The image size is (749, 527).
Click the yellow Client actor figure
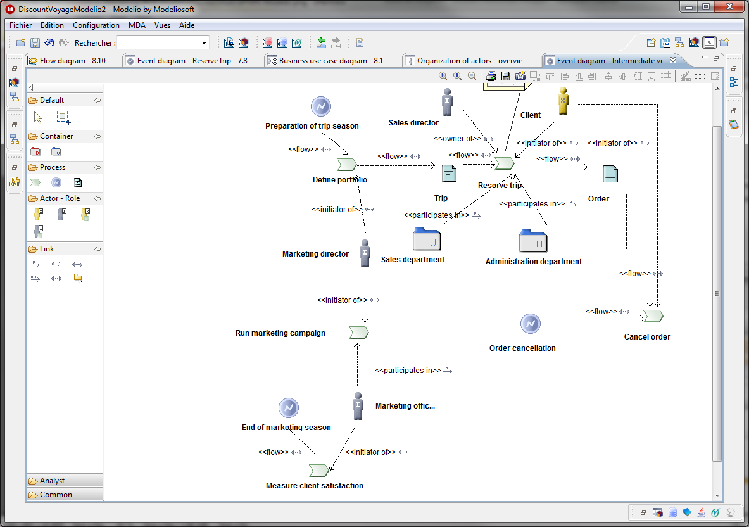563,101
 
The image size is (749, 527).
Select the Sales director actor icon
447,102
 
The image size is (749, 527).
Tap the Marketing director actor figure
365,253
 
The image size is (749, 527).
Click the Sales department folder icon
427,238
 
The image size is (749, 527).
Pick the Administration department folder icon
533,240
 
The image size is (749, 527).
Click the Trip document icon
449,174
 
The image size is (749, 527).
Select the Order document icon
610,174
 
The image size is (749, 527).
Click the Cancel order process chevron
653,316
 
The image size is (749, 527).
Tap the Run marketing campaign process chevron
359,333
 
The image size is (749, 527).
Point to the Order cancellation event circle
530,324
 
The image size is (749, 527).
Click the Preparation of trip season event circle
321,106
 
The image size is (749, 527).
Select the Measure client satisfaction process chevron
319,471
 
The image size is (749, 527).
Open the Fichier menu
20,25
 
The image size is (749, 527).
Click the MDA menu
137,25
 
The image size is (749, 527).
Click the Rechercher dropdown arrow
204,43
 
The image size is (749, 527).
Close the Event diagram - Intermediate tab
673,60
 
